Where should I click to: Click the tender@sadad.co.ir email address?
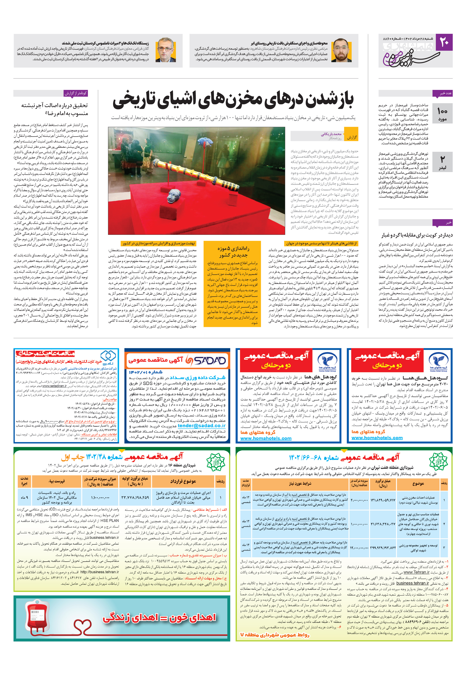point(202,425)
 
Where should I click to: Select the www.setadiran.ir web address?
point(54,386)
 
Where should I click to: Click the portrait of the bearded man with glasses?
point(341,50)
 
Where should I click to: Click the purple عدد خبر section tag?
point(442,93)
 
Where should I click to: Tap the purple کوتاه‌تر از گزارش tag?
point(76,93)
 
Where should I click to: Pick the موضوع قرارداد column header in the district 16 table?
point(183,481)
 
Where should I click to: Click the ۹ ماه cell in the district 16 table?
point(25,497)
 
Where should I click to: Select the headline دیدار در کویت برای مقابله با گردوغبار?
point(417,235)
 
